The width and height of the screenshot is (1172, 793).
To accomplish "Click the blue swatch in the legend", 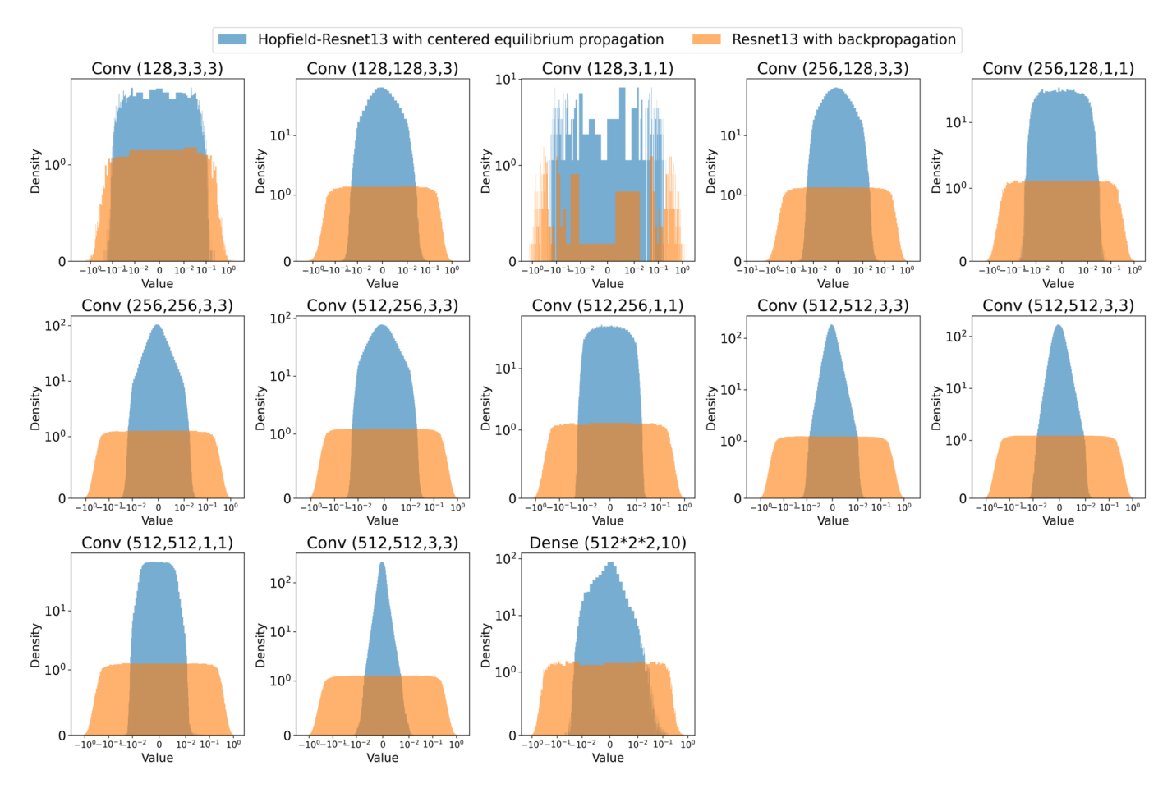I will pos(232,39).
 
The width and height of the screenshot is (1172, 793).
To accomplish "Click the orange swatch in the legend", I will pos(706,39).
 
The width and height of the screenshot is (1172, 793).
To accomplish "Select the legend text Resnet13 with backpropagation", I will pos(843,39).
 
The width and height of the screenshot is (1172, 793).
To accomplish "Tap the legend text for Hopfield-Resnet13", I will pos(460,39).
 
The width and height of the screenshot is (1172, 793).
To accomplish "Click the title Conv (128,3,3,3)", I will pos(157,68).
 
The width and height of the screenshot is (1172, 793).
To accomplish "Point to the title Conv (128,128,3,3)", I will pos(382,68).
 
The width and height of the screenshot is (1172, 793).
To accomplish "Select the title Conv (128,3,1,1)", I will pos(608,68).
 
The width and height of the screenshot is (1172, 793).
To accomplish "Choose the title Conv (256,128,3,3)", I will pos(833,68).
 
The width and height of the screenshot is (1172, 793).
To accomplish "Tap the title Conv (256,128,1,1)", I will pos(1058,68).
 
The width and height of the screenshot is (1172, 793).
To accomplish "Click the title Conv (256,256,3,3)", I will pos(157,305).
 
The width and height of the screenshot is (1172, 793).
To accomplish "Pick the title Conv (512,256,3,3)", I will pos(382,305).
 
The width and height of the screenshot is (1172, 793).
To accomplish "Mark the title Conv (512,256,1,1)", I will pos(608,305).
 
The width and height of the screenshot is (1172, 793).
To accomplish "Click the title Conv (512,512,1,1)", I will pos(157,543).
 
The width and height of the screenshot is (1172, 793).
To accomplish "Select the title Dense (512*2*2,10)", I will pos(608,543).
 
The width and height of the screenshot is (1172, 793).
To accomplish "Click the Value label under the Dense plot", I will pos(608,758).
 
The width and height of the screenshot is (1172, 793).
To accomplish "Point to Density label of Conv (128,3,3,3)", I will pos(35,171).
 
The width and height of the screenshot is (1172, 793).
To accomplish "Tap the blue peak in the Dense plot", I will pos(610,565).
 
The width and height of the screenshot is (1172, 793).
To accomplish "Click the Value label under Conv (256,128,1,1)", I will pos(1058,284).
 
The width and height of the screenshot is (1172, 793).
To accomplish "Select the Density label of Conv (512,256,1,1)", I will pos(485,408).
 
